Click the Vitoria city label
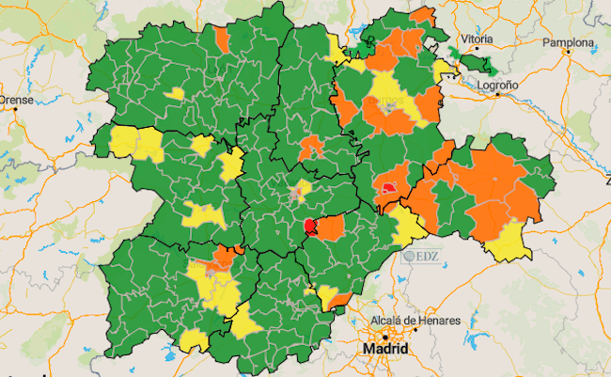(x=478, y=39)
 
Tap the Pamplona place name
(x=567, y=43)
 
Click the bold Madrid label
(x=385, y=349)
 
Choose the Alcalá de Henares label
(x=416, y=321)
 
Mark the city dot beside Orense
(x=16, y=110)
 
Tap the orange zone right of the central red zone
(x=330, y=227)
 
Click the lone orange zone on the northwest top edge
(x=222, y=39)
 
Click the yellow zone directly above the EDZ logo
(x=409, y=226)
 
